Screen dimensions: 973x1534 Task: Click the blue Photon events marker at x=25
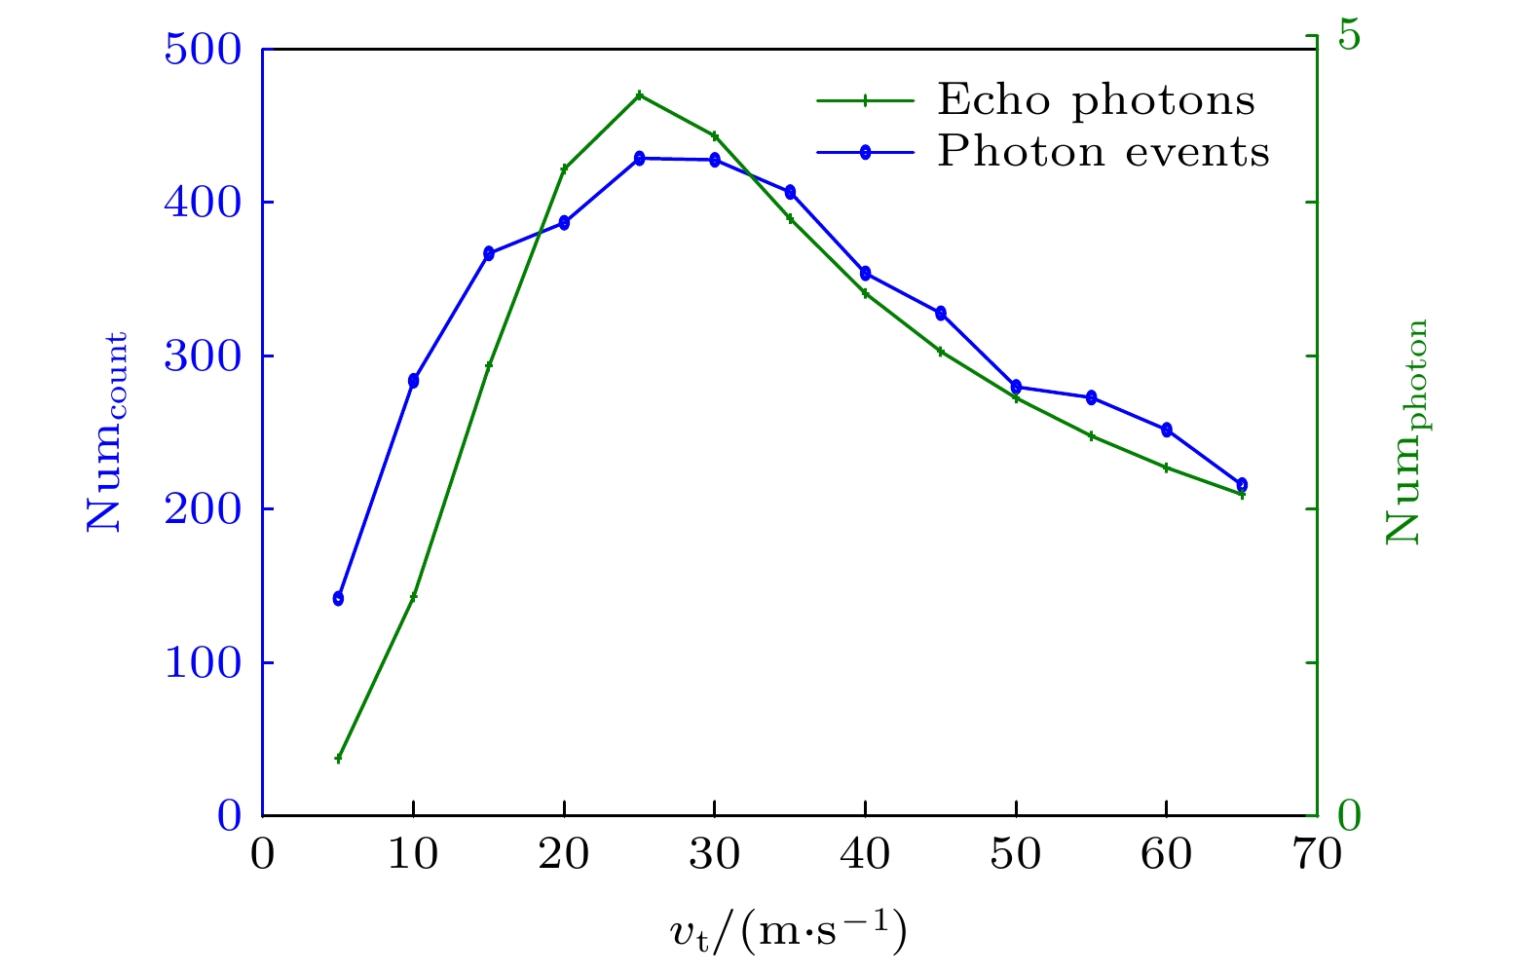click(x=639, y=158)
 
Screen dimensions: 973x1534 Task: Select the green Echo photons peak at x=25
click(x=639, y=95)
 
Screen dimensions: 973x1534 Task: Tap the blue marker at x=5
click(x=338, y=598)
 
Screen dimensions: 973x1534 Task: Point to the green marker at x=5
click(x=338, y=758)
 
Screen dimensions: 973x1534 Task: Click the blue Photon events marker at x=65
click(x=1242, y=484)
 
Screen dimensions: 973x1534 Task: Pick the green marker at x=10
click(x=413, y=596)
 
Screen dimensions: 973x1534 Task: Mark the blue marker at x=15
click(x=489, y=253)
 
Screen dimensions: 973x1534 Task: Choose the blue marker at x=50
click(x=1016, y=387)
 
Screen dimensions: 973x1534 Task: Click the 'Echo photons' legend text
click(x=1096, y=100)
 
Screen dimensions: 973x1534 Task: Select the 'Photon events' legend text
click(x=1104, y=152)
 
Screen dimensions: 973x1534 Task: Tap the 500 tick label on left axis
click(x=202, y=50)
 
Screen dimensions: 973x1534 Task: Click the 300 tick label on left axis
click(x=202, y=356)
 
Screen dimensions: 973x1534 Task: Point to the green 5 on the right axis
click(x=1349, y=35)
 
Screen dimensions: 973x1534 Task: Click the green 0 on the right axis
click(x=1349, y=816)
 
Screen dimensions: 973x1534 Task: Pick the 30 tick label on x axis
click(x=714, y=856)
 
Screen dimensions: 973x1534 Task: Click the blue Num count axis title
click(x=107, y=432)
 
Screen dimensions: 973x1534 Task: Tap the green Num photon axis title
click(x=1405, y=432)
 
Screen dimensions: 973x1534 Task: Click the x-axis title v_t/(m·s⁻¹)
click(x=788, y=932)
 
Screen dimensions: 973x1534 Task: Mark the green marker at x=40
click(x=865, y=293)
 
